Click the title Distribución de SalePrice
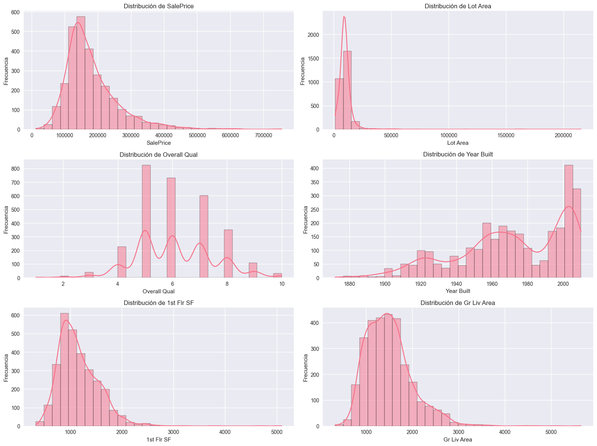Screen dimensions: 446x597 click(158, 6)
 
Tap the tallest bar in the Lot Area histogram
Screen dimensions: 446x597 click(347, 90)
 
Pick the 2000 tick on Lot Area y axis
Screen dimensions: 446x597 click(314, 35)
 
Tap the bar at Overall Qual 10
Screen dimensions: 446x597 click(278, 275)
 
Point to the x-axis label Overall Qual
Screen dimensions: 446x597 click(158, 291)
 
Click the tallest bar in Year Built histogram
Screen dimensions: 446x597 click(568, 222)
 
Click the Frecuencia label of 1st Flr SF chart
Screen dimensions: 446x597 click(6, 367)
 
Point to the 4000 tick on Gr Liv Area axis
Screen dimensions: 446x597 click(504, 432)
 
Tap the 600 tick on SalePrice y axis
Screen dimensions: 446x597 click(16, 12)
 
